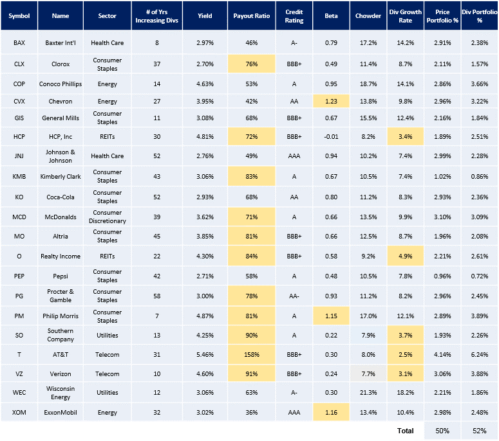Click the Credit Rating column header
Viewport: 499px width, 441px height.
[x=294, y=15]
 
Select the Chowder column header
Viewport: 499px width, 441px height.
[x=368, y=15]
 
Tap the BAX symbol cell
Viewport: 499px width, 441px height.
[x=19, y=43]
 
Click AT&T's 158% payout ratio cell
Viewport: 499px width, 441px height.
[x=251, y=354]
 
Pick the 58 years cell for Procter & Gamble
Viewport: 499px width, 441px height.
[x=155, y=296]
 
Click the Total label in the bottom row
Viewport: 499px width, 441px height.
[x=405, y=431]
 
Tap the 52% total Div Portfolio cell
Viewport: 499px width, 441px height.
[x=479, y=431]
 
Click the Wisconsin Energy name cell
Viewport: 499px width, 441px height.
[x=61, y=393]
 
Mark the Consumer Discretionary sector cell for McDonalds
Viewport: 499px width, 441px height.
[x=108, y=217]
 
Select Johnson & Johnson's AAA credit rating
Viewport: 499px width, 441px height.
[x=294, y=156]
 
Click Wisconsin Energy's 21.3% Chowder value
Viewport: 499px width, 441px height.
[x=368, y=393]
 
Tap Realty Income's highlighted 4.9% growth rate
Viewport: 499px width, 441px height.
[x=405, y=256]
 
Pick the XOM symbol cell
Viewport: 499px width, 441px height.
[x=19, y=412]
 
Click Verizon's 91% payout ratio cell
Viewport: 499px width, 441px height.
[x=251, y=373]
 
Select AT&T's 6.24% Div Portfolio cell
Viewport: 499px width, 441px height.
[x=479, y=354]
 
